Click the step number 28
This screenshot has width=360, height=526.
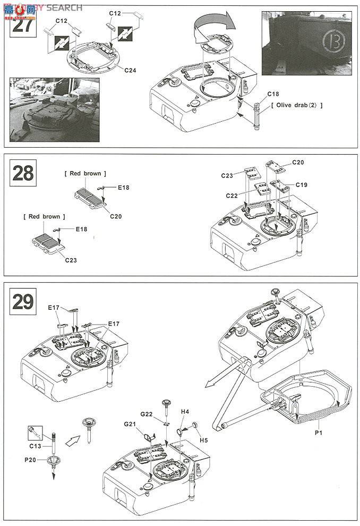point(22,173)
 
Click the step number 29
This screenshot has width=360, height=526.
point(23,301)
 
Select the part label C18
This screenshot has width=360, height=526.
point(273,94)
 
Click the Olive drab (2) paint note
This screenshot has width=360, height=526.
point(297,105)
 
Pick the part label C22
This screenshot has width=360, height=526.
point(232,196)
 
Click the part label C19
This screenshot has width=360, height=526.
point(301,185)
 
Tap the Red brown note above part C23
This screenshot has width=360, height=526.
point(45,217)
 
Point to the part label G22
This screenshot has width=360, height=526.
point(147,414)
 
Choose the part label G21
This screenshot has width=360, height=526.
point(131,424)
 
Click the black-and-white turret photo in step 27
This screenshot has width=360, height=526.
point(54,109)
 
